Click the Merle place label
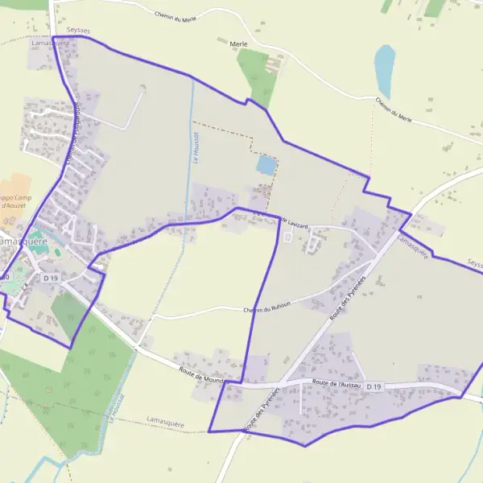[x=238, y=44]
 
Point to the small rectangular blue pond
[x=265, y=165]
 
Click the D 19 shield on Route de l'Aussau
[x=374, y=387]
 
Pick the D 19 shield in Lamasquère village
[x=51, y=278]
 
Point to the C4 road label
[x=26, y=285]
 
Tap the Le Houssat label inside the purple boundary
[x=196, y=149]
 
